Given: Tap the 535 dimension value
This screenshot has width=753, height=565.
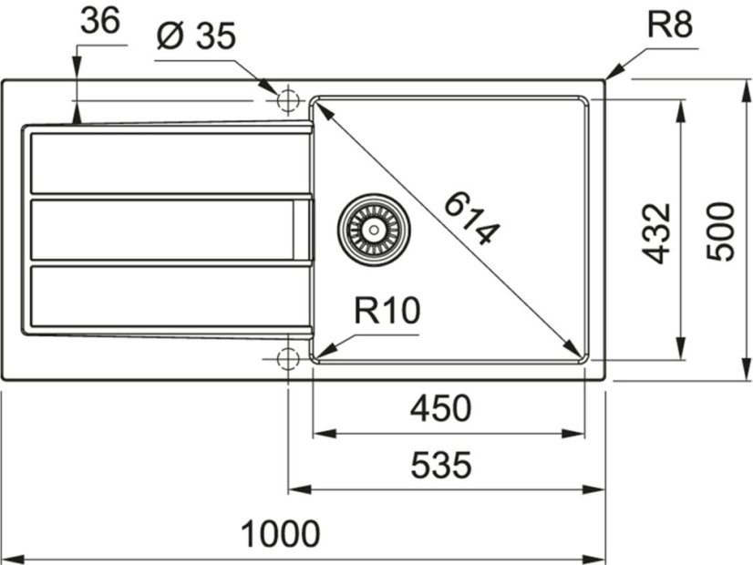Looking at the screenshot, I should pyautogui.click(x=440, y=466).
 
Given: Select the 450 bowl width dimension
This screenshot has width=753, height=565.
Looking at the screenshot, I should pyautogui.click(x=440, y=409).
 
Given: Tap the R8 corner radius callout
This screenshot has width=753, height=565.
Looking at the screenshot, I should pyautogui.click(x=670, y=25).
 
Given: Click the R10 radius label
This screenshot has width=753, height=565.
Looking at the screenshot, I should pyautogui.click(x=386, y=313).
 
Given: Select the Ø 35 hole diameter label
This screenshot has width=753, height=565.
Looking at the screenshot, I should pyautogui.click(x=196, y=37).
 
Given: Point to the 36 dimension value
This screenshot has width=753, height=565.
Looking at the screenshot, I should pyautogui.click(x=99, y=21).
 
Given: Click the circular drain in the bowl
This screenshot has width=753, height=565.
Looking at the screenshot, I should pyautogui.click(x=372, y=228).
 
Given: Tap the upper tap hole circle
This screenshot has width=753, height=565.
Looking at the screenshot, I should pyautogui.click(x=287, y=98).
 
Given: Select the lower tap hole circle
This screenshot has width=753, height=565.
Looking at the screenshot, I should pyautogui.click(x=287, y=357).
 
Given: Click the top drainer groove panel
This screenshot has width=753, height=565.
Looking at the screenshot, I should pyautogui.click(x=169, y=163).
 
